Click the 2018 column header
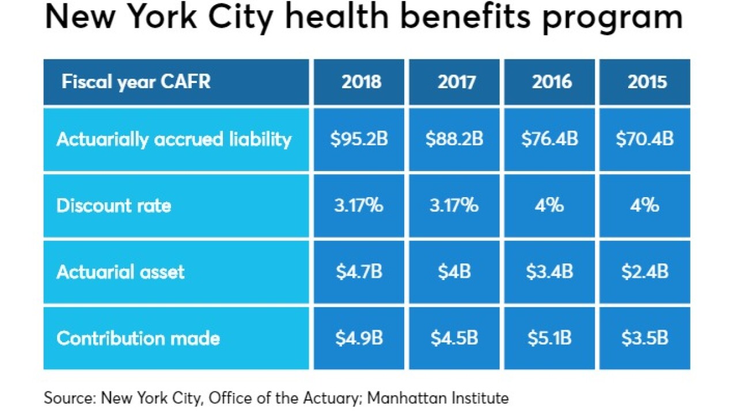click(361, 82)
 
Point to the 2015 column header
click(647, 82)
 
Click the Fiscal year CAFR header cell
click(136, 82)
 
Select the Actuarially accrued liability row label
click(174, 139)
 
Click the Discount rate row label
click(114, 206)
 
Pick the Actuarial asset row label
click(120, 271)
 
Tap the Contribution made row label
click(138, 338)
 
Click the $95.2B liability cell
click(359, 139)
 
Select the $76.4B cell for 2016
click(550, 139)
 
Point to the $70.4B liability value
click(645, 139)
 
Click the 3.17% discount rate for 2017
click(454, 206)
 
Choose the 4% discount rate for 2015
click(645, 206)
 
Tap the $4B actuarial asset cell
click(454, 271)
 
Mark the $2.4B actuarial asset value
click(645, 271)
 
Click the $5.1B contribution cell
click(550, 338)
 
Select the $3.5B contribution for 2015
click(645, 338)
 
